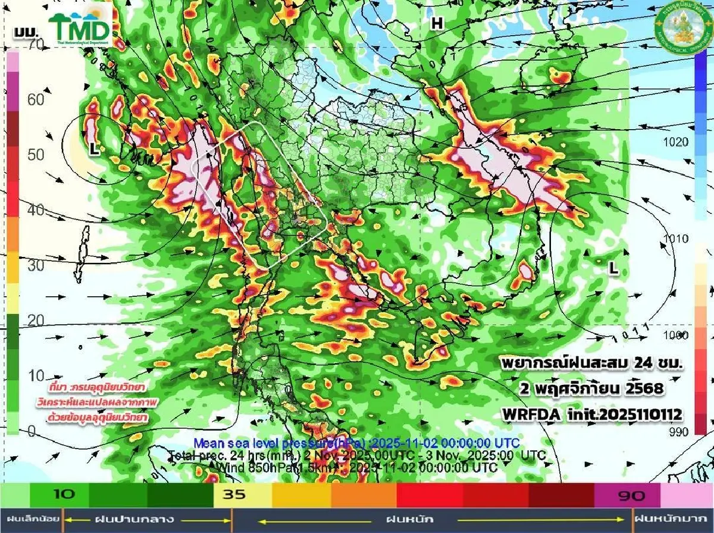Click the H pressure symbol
click(x=437, y=23)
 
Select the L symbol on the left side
click(x=93, y=150)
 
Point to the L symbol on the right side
click(x=613, y=269)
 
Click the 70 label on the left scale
click(x=36, y=44)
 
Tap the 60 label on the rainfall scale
click(x=36, y=99)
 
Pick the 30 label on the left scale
click(x=36, y=265)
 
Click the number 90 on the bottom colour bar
click(x=629, y=494)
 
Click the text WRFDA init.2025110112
click(x=591, y=413)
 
